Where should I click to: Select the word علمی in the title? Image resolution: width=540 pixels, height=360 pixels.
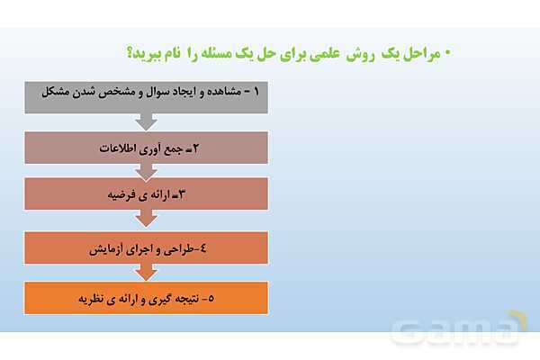click(x=311, y=53)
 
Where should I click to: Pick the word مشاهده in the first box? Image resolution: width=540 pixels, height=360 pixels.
click(x=220, y=93)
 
